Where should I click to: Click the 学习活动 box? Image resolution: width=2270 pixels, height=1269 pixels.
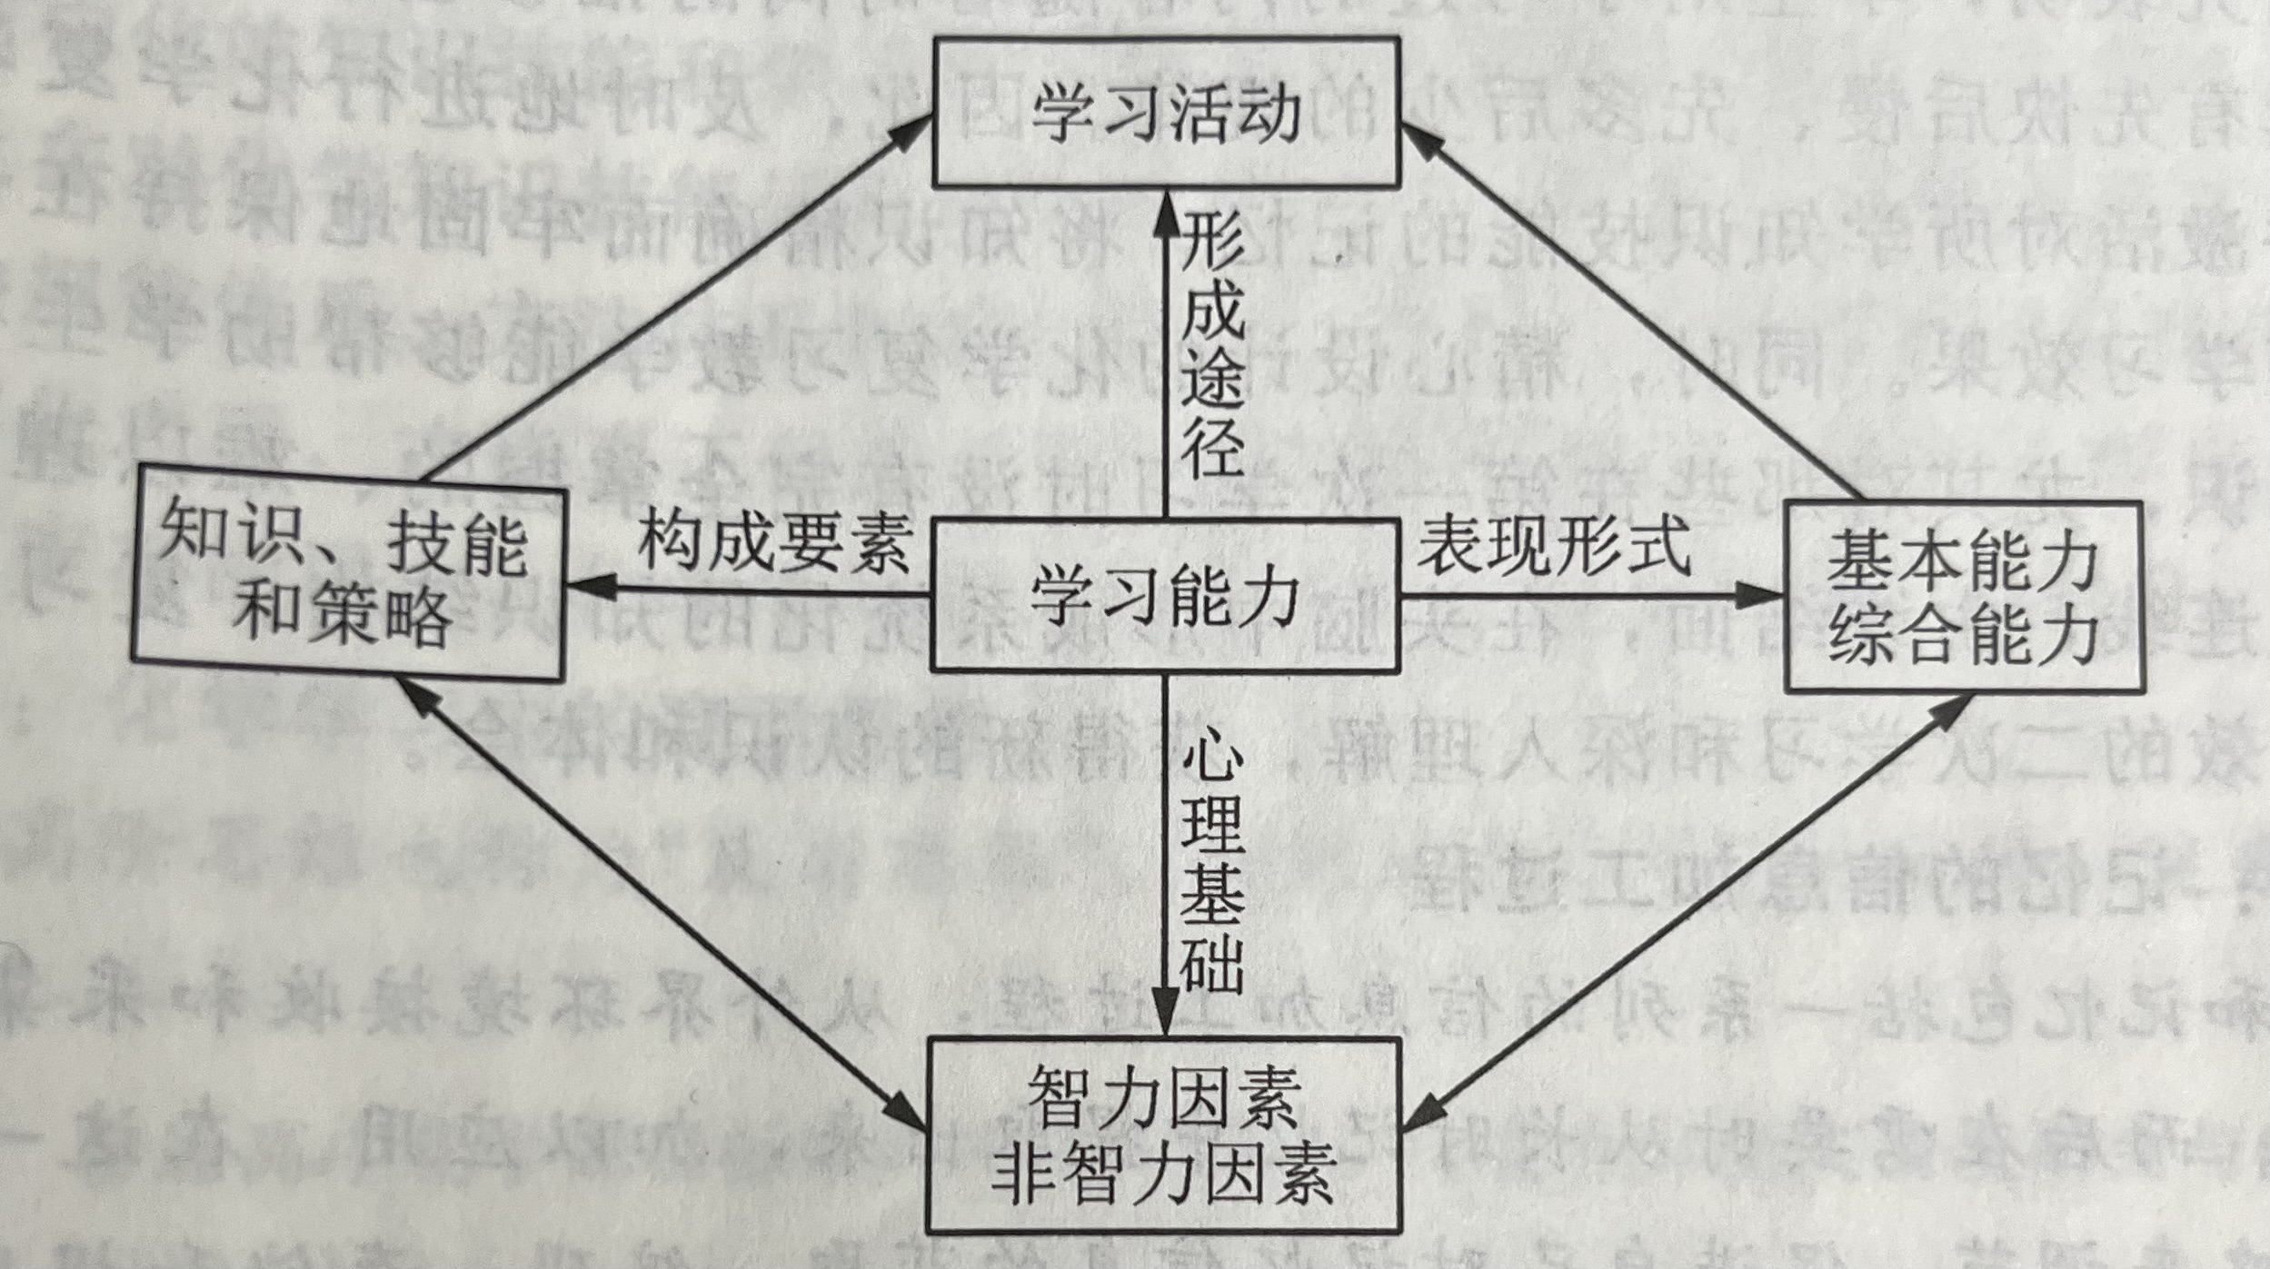(1166, 112)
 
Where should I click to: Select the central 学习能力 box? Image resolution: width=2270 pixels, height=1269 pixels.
(1166, 595)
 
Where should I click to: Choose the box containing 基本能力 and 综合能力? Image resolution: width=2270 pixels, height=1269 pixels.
(1964, 597)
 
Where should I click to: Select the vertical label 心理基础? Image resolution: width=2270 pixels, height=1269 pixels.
(1212, 867)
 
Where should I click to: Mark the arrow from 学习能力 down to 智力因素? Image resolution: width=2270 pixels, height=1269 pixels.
(1165, 854)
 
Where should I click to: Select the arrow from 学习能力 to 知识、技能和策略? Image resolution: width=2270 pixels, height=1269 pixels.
(745, 590)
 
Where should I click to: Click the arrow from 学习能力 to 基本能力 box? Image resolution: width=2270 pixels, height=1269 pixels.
(1590, 597)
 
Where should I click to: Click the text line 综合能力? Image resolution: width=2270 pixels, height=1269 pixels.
(1964, 636)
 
